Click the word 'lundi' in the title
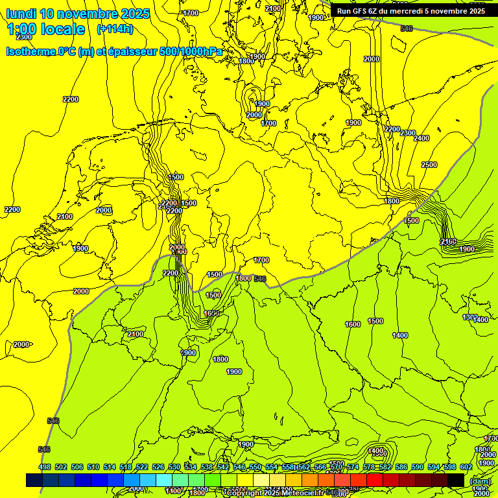tap(21, 13)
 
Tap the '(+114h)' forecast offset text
tap(114, 29)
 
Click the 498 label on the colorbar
tap(45, 468)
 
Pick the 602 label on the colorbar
tap(466, 468)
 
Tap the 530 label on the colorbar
tap(174, 468)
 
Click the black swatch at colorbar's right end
tap(456, 480)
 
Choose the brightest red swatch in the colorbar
tap(375, 480)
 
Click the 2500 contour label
tap(429, 165)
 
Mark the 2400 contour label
tap(421, 138)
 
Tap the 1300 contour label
tap(469, 317)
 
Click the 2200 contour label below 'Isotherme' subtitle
tap(71, 99)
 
